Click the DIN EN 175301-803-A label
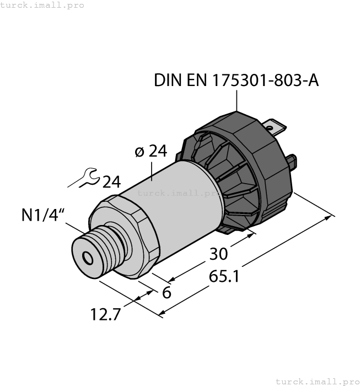point(236,81)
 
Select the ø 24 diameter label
point(151,151)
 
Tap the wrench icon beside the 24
point(87,177)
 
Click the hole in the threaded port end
point(87,258)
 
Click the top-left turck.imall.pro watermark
point(42,5)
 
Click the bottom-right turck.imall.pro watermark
point(317,381)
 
